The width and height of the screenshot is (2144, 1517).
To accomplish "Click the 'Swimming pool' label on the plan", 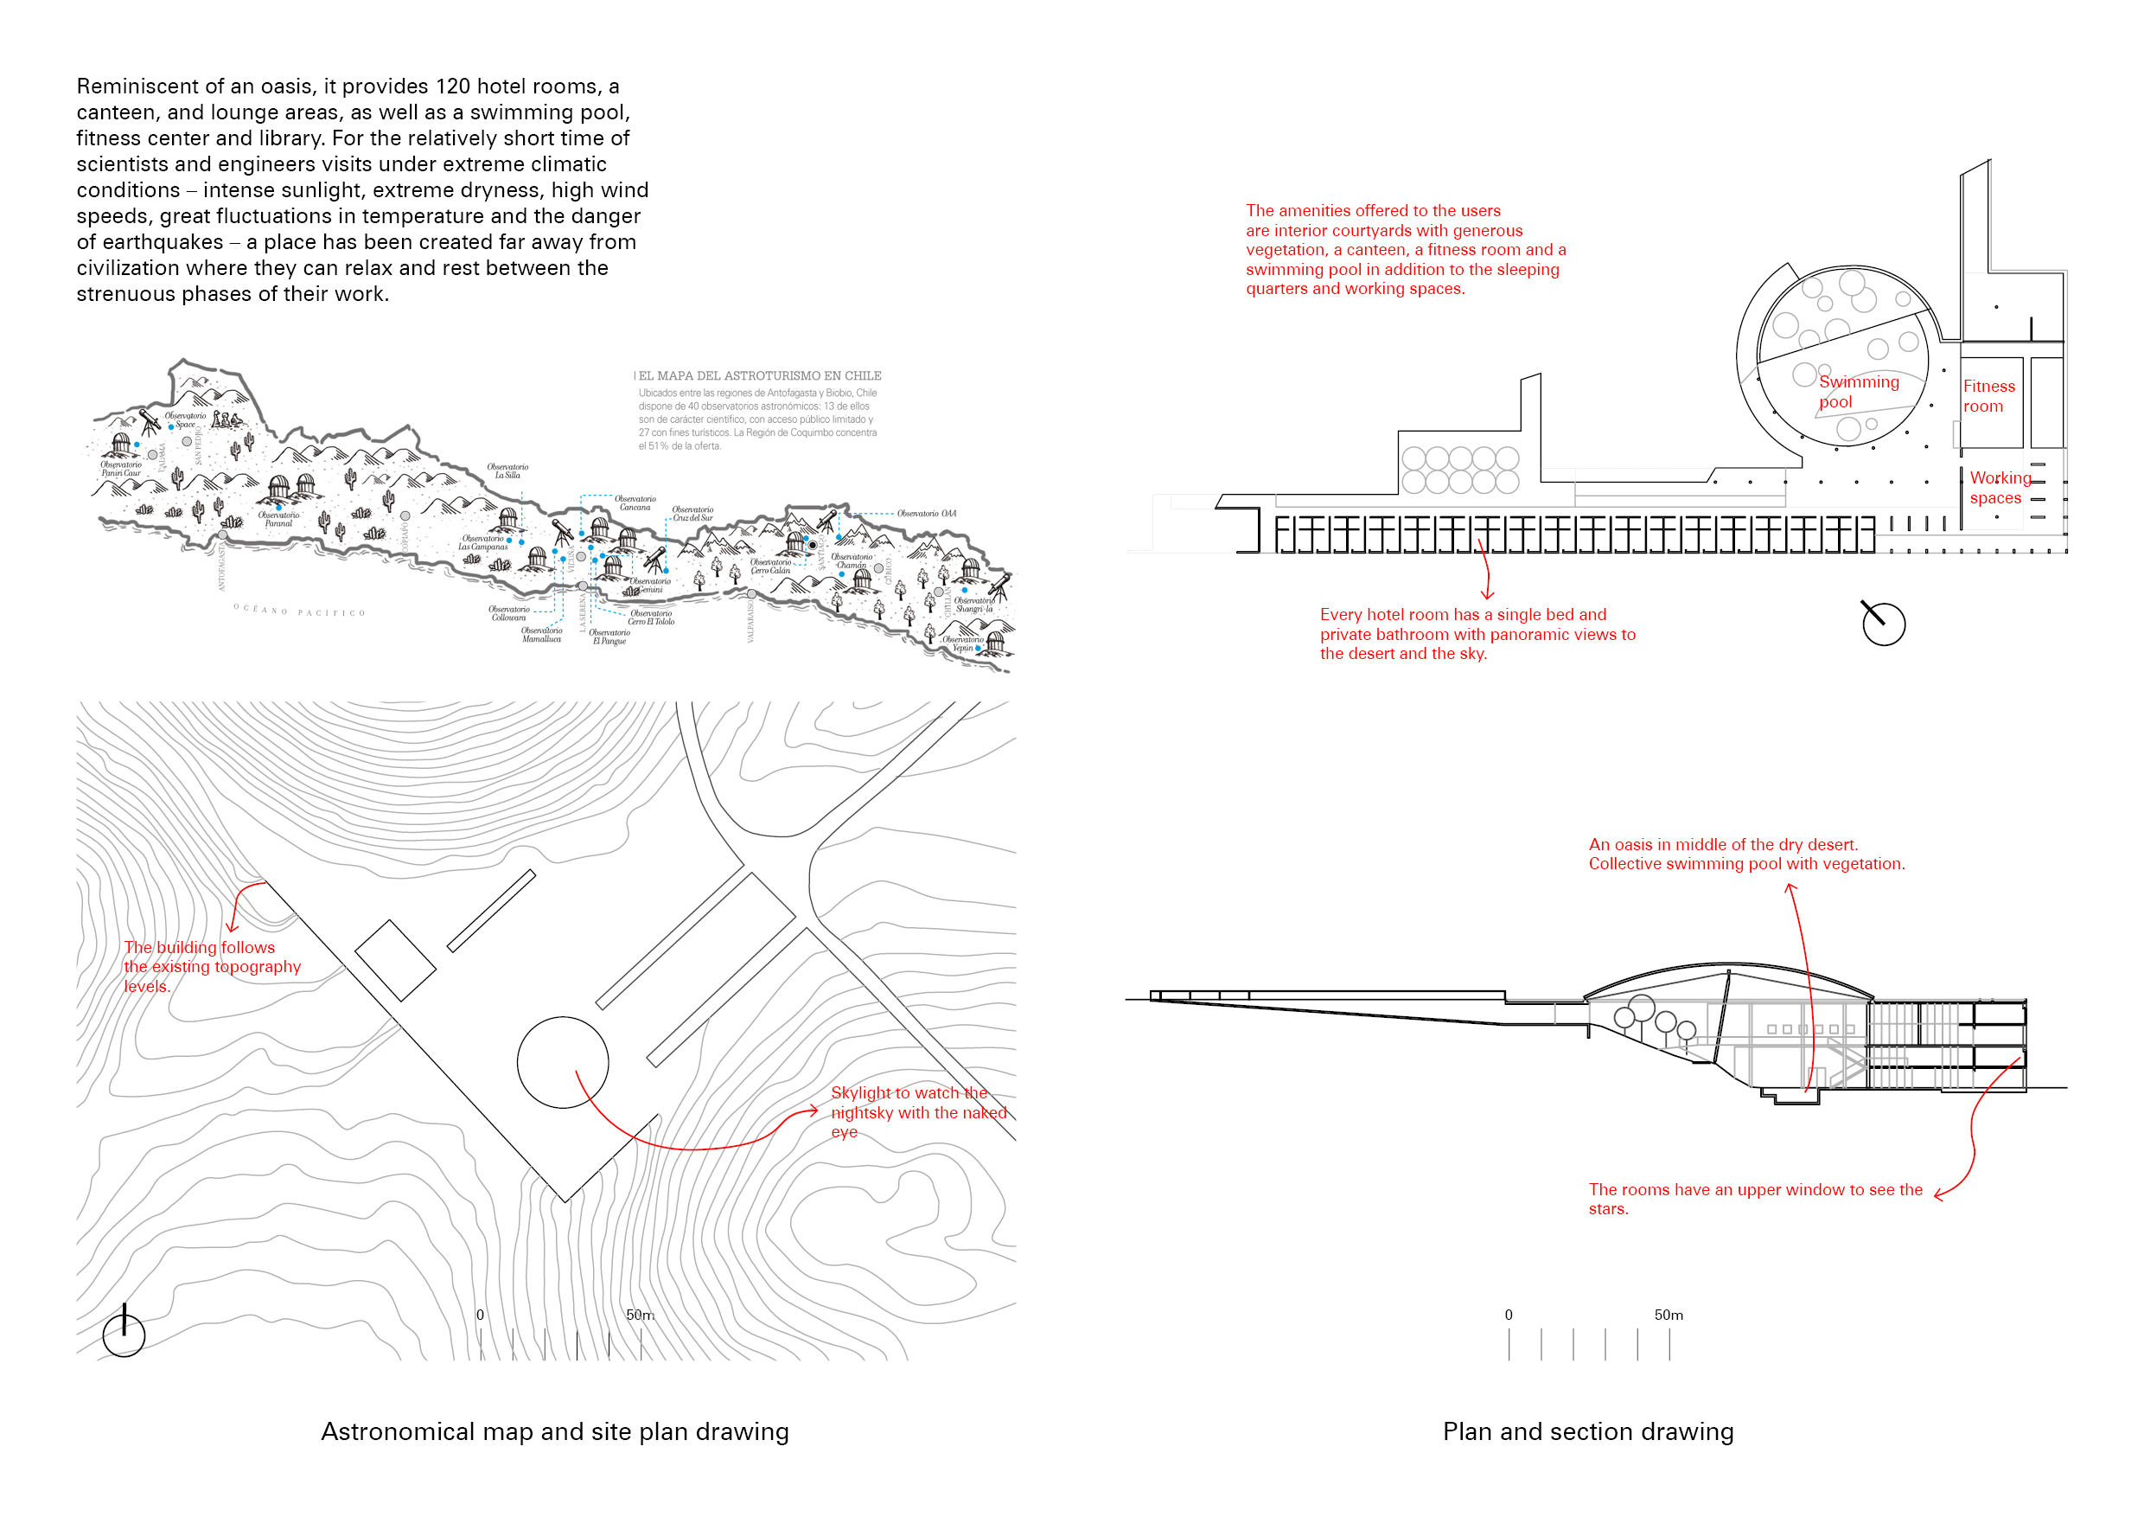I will point(1857,393).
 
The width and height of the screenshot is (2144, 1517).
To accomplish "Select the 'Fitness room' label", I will point(1988,396).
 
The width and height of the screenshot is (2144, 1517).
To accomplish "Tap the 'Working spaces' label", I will point(2000,488).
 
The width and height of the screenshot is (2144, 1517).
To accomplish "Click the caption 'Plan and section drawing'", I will point(1587,1431).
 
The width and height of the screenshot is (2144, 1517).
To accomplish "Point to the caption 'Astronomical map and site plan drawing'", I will point(555,1431).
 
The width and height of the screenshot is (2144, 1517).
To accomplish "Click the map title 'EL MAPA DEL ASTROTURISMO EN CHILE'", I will point(759,375).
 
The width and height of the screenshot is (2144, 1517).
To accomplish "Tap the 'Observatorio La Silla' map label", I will point(507,470).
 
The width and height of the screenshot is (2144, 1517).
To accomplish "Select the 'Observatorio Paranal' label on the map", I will point(278,520).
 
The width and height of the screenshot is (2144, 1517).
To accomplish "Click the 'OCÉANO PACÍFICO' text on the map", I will point(299,611).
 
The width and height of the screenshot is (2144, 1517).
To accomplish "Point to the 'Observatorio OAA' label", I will point(926,514).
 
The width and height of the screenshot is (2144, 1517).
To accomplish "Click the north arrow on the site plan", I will point(124,1334).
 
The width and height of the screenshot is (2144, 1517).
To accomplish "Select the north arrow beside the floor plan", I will point(1883,624).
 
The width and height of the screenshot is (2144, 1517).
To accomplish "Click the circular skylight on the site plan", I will point(563,1062).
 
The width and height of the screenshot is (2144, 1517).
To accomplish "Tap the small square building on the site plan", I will point(395,960).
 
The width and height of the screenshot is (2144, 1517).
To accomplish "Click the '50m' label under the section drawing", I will point(1668,1315).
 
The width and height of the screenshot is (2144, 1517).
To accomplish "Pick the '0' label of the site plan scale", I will point(480,1315).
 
